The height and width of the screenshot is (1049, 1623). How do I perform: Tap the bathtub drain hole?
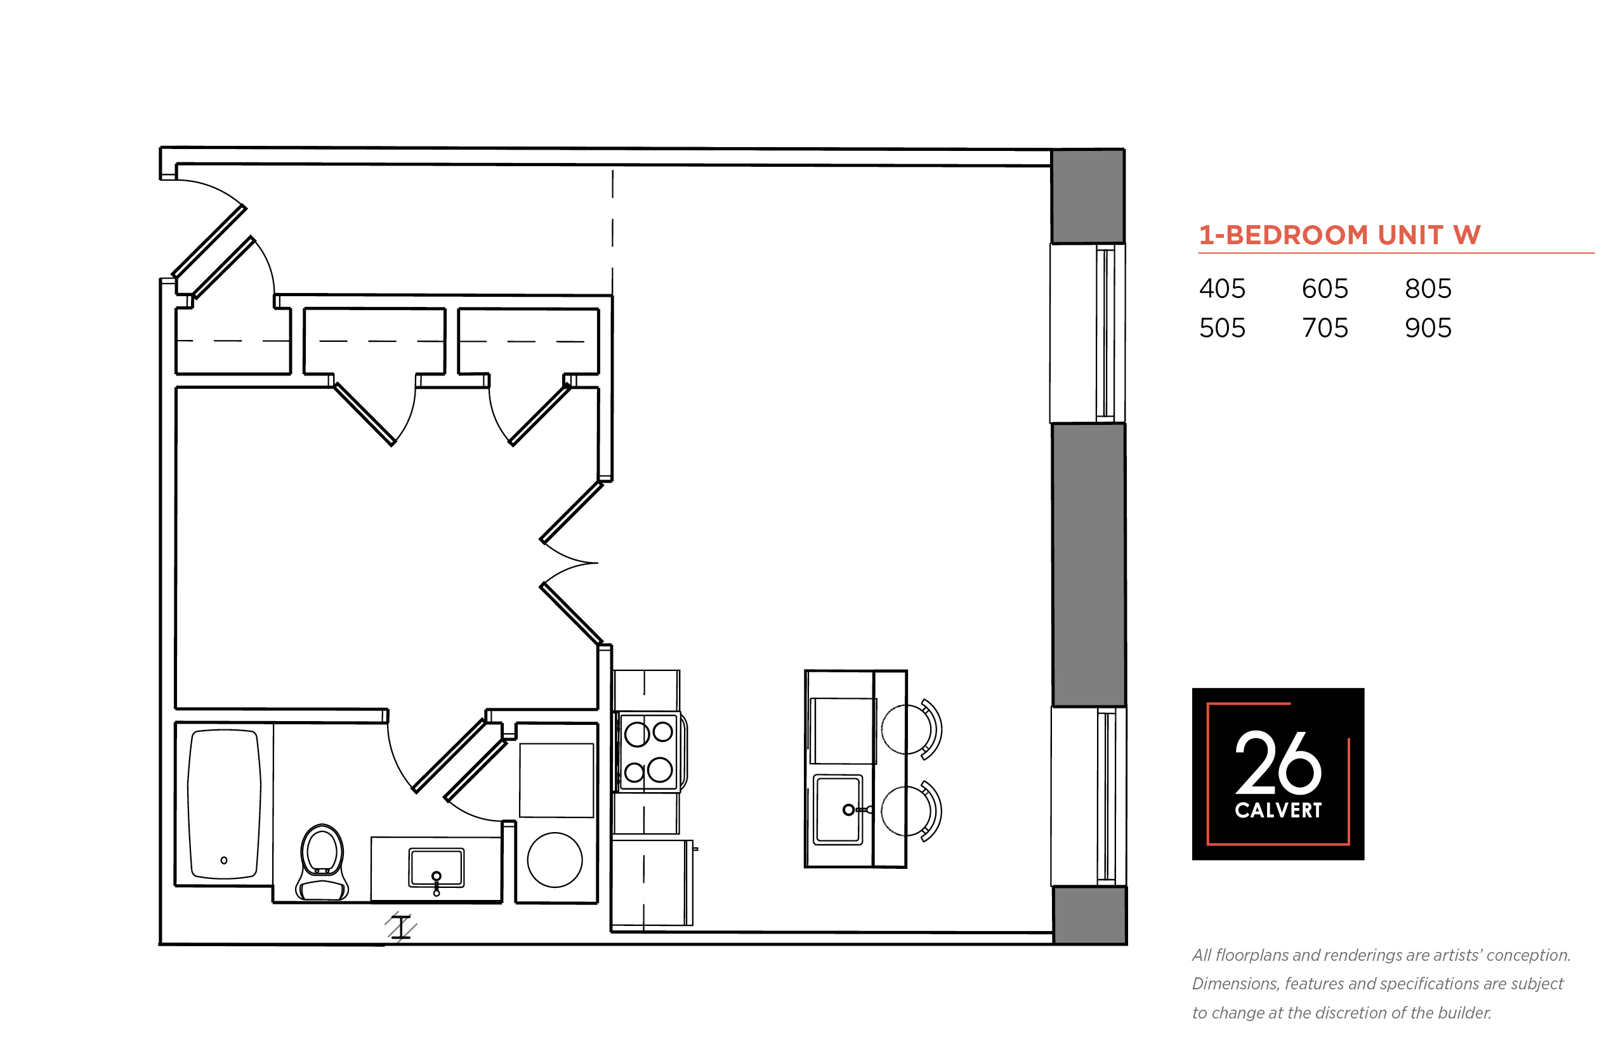tap(223, 860)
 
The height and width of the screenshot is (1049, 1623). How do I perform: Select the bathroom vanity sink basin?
tap(436, 867)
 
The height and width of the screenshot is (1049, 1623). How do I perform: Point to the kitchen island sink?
tap(838, 810)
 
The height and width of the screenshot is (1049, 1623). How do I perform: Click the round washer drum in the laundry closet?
tap(555, 859)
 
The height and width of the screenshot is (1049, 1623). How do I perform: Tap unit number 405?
tap(1221, 289)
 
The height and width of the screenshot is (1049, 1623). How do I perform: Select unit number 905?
tap(1428, 329)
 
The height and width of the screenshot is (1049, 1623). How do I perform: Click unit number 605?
tap(1325, 289)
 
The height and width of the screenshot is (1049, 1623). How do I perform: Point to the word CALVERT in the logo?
tap(1278, 810)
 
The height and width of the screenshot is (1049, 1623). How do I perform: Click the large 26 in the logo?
tap(1278, 763)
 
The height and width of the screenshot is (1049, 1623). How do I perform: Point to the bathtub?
tap(224, 804)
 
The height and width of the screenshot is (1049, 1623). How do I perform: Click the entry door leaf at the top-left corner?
tap(209, 240)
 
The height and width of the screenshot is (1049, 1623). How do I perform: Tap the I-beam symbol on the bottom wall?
tap(400, 927)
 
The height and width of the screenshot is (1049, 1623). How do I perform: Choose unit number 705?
tap(1325, 329)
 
